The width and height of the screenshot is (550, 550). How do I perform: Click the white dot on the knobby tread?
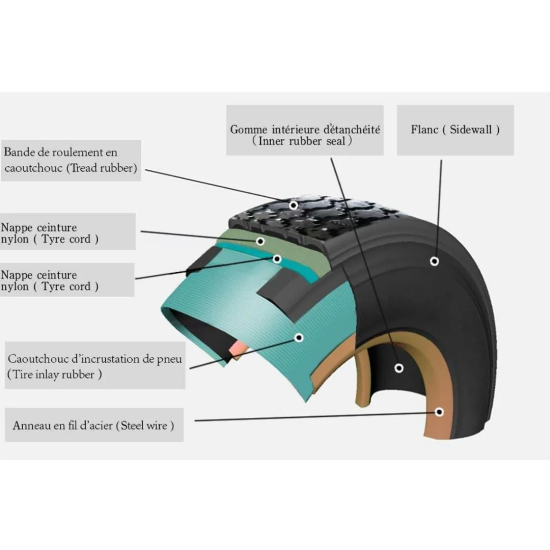tap(293, 205)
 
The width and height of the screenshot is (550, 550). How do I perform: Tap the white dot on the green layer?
tap(260, 241)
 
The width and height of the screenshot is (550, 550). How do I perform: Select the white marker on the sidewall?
tap(434, 261)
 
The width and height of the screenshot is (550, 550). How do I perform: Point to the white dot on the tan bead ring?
tap(440, 412)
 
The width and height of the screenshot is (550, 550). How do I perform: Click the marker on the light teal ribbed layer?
tap(299, 338)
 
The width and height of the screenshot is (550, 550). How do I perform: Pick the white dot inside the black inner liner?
tap(399, 368)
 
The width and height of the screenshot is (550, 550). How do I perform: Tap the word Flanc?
tap(424, 129)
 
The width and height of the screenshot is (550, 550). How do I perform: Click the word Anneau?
tap(32, 425)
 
